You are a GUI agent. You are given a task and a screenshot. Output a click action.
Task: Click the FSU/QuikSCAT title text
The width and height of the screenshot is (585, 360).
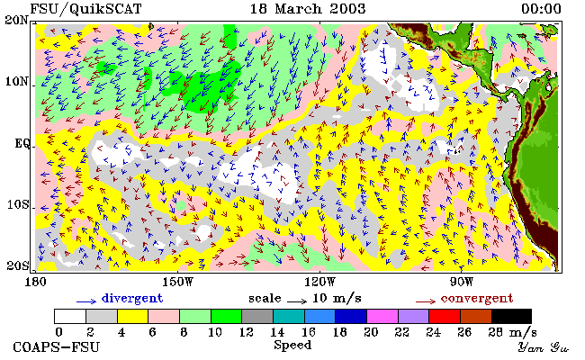(x=85, y=9)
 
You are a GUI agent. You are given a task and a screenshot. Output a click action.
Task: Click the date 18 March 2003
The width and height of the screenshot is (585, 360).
(x=308, y=9)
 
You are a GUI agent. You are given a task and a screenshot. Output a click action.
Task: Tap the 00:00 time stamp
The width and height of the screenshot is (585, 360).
(x=541, y=9)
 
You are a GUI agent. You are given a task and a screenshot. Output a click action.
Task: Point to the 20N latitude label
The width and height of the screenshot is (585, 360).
(x=16, y=20)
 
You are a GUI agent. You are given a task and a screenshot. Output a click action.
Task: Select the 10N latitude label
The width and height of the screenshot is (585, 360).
(x=16, y=81)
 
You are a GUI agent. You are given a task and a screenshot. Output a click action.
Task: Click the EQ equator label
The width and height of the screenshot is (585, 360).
(x=22, y=144)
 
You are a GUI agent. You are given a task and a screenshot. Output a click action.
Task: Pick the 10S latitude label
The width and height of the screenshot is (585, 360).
(x=17, y=204)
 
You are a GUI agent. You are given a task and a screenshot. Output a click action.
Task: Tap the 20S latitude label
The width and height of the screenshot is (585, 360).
(x=17, y=265)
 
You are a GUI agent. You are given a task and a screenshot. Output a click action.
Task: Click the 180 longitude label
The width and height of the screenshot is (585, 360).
(x=35, y=282)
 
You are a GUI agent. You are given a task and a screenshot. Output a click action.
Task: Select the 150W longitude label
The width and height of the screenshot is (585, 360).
(x=178, y=282)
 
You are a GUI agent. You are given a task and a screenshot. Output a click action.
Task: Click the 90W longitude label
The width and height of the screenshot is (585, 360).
(x=462, y=282)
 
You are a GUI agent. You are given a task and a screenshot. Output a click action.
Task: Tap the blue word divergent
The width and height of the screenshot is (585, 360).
(x=132, y=298)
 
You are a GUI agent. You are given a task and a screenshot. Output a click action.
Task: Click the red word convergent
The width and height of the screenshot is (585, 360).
(x=477, y=299)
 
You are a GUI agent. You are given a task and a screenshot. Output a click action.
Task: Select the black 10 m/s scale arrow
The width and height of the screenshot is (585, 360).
(x=297, y=301)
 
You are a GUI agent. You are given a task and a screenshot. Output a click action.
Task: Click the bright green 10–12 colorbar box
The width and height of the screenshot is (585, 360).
(x=227, y=316)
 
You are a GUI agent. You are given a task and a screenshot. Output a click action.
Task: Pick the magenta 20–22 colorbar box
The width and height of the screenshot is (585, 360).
(x=382, y=316)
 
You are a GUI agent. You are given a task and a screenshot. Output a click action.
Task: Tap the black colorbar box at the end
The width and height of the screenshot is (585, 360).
(x=511, y=316)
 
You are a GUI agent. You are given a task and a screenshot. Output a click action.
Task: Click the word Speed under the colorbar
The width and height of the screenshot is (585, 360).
(x=292, y=345)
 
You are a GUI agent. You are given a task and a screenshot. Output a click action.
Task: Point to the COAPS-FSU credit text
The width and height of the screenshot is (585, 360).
(x=57, y=346)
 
